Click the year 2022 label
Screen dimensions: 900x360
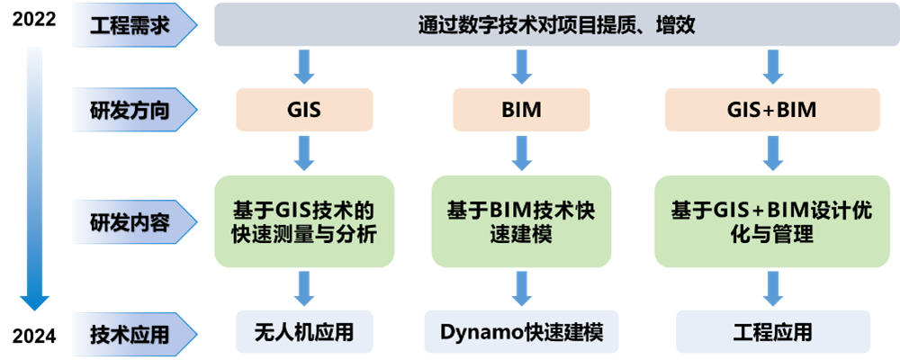(34, 20)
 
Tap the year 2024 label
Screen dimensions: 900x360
(34, 336)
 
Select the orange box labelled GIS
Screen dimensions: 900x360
(304, 110)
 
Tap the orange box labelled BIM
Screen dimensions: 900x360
(521, 110)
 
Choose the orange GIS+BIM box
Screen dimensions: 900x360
(772, 110)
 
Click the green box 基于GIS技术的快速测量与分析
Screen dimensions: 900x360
(304, 221)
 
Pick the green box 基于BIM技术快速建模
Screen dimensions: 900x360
(521, 221)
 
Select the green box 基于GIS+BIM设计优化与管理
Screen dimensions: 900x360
(772, 221)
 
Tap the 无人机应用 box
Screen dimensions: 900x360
(304, 332)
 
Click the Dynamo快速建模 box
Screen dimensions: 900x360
(521, 332)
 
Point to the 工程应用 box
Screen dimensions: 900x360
(772, 332)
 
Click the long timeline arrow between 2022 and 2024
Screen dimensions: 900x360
(34, 179)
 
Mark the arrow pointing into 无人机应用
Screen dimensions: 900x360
(304, 289)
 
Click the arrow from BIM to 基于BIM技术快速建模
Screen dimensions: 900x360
(521, 153)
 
